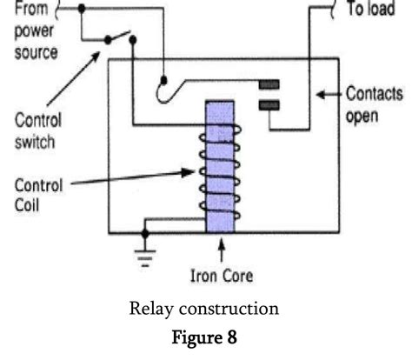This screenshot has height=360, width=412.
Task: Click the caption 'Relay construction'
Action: [x=206, y=309]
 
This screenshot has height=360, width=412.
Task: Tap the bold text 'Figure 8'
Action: [x=206, y=336]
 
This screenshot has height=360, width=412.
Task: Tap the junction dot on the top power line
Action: [x=82, y=8]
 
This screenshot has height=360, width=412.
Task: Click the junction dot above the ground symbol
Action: [x=145, y=233]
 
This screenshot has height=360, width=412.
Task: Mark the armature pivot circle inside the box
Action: [x=163, y=85]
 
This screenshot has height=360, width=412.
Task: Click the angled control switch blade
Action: [x=116, y=39]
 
